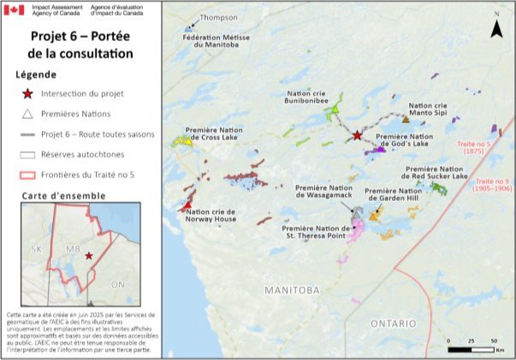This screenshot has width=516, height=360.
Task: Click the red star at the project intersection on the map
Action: click(x=357, y=135)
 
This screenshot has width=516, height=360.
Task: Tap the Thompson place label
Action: click(x=217, y=17)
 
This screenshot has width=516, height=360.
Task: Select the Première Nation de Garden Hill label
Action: click(x=396, y=196)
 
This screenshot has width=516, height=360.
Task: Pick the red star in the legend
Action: click(x=28, y=94)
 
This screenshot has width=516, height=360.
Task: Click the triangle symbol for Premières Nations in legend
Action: click(x=28, y=115)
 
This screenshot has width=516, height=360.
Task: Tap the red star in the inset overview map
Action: click(x=89, y=255)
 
